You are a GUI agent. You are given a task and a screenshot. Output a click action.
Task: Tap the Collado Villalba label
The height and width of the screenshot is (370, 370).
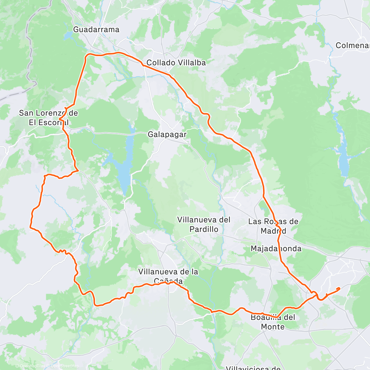coord(176,63)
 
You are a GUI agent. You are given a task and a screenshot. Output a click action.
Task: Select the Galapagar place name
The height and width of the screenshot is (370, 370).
coord(167,134)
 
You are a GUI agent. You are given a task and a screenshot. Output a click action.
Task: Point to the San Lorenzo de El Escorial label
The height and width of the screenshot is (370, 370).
coord(48,118)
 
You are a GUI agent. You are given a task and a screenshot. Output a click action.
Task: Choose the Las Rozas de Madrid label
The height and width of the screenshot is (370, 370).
coord(273,226)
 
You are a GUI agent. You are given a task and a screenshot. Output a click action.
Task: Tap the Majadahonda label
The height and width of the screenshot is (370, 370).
coord(276,249)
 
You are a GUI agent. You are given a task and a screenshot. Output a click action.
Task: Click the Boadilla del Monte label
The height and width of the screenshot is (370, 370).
coord(273,322)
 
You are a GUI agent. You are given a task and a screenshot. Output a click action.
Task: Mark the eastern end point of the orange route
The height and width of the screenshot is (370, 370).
coord(339,289)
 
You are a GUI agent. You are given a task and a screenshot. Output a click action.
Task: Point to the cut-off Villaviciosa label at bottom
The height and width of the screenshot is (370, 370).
coord(253,368)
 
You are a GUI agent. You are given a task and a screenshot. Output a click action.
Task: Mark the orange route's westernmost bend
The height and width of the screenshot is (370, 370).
coord(30,227)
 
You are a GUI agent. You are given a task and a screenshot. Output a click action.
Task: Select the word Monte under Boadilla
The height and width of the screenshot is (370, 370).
coord(273,327)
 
